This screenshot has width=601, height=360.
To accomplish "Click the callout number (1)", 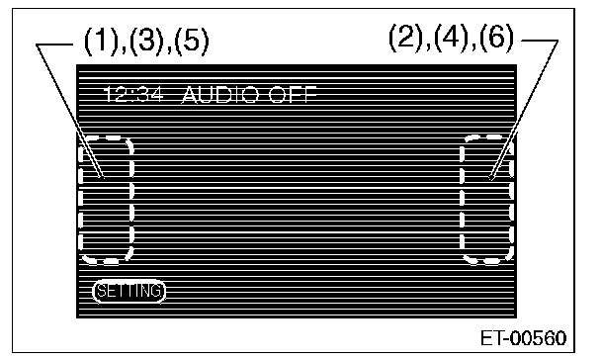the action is [x=101, y=41].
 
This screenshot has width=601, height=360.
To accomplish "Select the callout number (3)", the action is [x=145, y=41].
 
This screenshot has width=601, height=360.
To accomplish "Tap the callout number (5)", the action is [x=192, y=41].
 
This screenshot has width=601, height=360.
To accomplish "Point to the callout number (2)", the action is [x=405, y=37].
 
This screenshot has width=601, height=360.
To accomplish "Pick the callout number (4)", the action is [x=451, y=37].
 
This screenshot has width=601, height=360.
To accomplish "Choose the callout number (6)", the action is [x=496, y=37].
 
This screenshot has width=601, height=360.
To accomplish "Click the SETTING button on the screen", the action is [x=129, y=291].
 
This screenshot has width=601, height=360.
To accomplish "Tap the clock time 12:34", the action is [x=133, y=94].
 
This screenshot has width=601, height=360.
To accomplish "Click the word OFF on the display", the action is [x=293, y=95].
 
